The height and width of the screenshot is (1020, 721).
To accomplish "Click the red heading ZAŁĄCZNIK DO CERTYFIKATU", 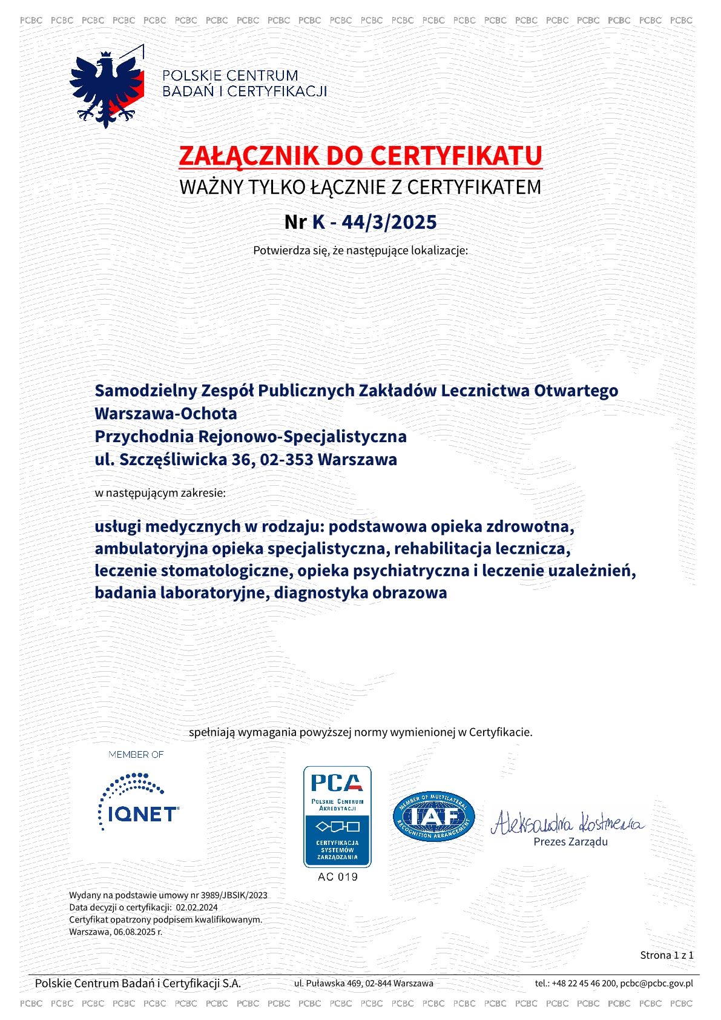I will pos(360,156).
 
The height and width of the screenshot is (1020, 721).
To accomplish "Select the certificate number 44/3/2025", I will pos(389,222).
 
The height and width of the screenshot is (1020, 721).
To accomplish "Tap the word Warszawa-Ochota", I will pos(166,414).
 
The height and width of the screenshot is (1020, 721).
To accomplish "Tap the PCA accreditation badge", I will pos(337,816).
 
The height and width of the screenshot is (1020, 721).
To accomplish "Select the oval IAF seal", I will pos(433,816).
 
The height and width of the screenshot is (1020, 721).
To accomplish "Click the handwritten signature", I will pos(567,823).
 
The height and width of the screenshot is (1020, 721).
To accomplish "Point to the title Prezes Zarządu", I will pos(570,842).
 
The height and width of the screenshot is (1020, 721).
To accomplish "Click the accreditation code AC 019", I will pos(337,877).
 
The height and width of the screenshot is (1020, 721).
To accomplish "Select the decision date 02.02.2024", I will pos(197,907).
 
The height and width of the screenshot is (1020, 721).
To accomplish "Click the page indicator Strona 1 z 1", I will pos(667,955).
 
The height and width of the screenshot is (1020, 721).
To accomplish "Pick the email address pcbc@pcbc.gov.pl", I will pos(656,983).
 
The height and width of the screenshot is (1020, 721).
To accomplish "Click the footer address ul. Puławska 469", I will pos(328,983).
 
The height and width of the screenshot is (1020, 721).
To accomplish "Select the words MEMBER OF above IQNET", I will pos(136,755).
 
